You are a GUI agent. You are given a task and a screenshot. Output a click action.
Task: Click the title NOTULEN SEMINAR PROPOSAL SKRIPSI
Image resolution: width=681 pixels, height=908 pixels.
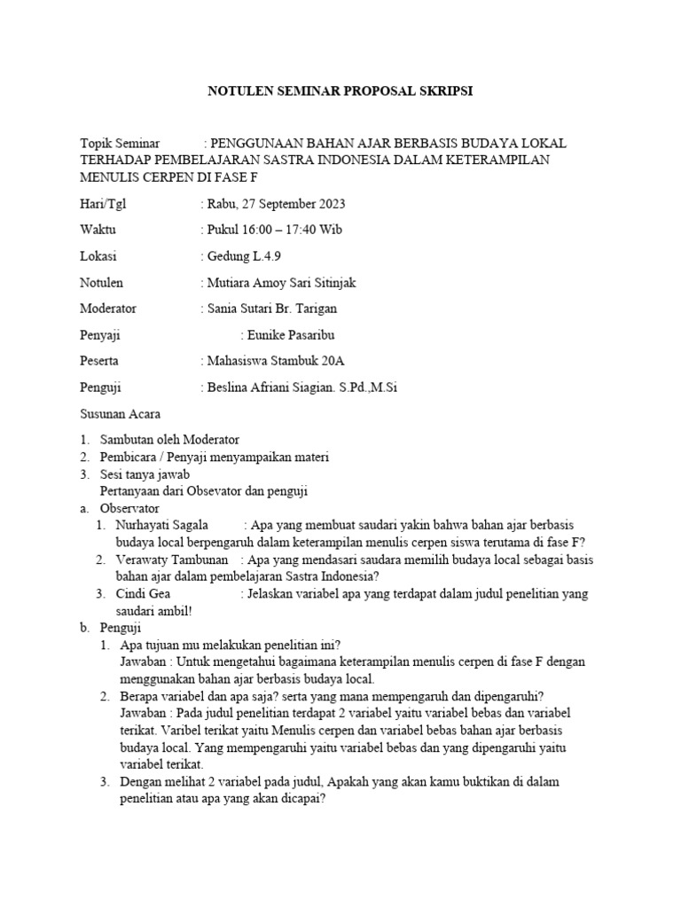coord(340,91)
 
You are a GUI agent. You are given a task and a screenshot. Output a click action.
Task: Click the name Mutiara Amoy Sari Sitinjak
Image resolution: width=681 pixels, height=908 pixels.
coord(281,283)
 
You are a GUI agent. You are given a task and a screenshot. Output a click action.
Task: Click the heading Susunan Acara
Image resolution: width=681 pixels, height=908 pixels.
coord(121,414)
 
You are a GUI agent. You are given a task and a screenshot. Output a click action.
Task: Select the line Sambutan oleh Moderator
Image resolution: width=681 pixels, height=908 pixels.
coord(170,440)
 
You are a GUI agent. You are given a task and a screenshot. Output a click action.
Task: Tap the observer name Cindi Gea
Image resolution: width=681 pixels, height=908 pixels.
coord(143,594)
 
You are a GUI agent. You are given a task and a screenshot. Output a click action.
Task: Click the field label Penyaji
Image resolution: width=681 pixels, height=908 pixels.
coord(100,335)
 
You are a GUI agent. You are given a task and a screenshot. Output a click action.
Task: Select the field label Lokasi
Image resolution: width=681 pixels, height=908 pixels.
coord(98,257)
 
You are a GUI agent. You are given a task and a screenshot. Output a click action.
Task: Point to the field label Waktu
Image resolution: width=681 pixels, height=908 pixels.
coord(98,231)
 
